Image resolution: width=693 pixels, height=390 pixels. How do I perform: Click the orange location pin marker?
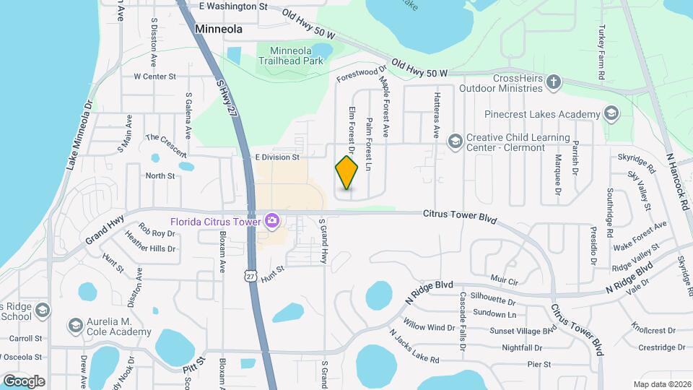pos(346,173)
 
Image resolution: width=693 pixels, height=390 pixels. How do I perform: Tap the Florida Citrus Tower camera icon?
pos(271,220)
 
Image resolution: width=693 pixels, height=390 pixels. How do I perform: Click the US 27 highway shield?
pos(250,276)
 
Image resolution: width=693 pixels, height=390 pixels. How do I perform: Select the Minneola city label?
pos(218,30)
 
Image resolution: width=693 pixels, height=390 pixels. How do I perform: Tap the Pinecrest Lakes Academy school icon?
pos(611,113)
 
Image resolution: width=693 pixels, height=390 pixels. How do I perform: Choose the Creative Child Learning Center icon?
pos(455,140)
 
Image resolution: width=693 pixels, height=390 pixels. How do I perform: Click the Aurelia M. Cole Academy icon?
pos(75,326)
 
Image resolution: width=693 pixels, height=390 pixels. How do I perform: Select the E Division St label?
pos(276,157)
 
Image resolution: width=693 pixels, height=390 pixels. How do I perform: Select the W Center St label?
pos(154,76)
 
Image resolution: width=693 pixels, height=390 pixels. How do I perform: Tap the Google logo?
pos(24,381)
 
